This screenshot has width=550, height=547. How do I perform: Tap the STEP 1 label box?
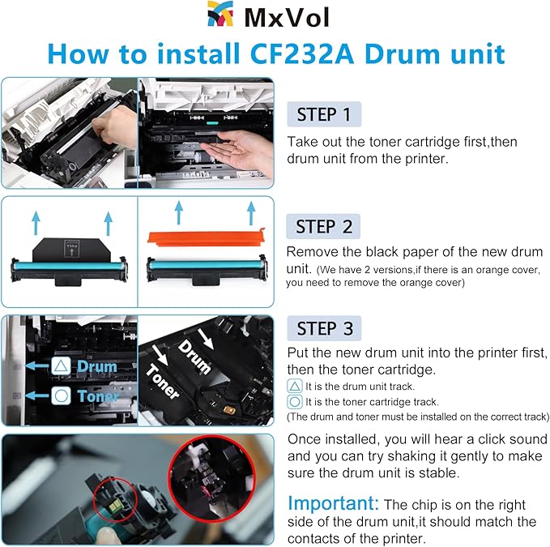pyautogui.click(x=324, y=114)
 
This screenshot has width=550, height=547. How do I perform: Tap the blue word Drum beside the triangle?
pyautogui.click(x=97, y=367)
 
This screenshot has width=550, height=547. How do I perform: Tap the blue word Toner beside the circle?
pyautogui.click(x=98, y=396)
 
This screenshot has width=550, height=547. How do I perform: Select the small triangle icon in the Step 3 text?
pyautogui.click(x=295, y=387)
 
